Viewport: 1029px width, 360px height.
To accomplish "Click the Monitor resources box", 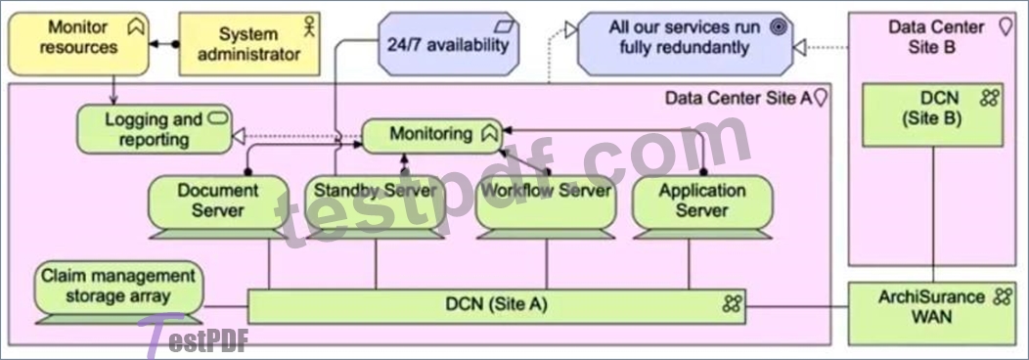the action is click(x=79, y=44).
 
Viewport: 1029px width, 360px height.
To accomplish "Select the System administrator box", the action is click(x=248, y=44).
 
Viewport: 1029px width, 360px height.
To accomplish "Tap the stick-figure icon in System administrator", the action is click(x=308, y=26).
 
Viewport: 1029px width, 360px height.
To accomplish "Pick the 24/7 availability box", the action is click(x=448, y=44).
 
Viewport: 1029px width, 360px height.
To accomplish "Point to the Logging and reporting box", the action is click(x=155, y=129).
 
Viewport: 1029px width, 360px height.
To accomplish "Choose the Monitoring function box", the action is click(x=431, y=136).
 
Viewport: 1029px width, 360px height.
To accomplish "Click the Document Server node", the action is click(x=218, y=206).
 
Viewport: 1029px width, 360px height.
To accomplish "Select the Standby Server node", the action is click(x=375, y=206).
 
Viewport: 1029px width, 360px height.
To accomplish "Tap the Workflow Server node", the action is click(x=546, y=206).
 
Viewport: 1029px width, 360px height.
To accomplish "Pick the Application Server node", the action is click(x=702, y=206).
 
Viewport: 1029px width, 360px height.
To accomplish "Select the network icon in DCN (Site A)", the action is click(x=733, y=303).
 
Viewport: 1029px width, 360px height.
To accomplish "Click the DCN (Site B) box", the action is click(x=932, y=114).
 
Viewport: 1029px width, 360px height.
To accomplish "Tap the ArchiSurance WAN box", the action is click(x=932, y=313).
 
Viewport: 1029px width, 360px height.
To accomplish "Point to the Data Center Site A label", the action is click(x=738, y=99).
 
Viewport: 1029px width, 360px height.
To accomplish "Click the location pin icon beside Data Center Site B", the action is click(x=1005, y=27).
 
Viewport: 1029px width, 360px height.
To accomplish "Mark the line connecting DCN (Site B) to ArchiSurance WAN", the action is click(x=932, y=214).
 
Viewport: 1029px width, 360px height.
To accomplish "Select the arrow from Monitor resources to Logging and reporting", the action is click(x=113, y=90).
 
